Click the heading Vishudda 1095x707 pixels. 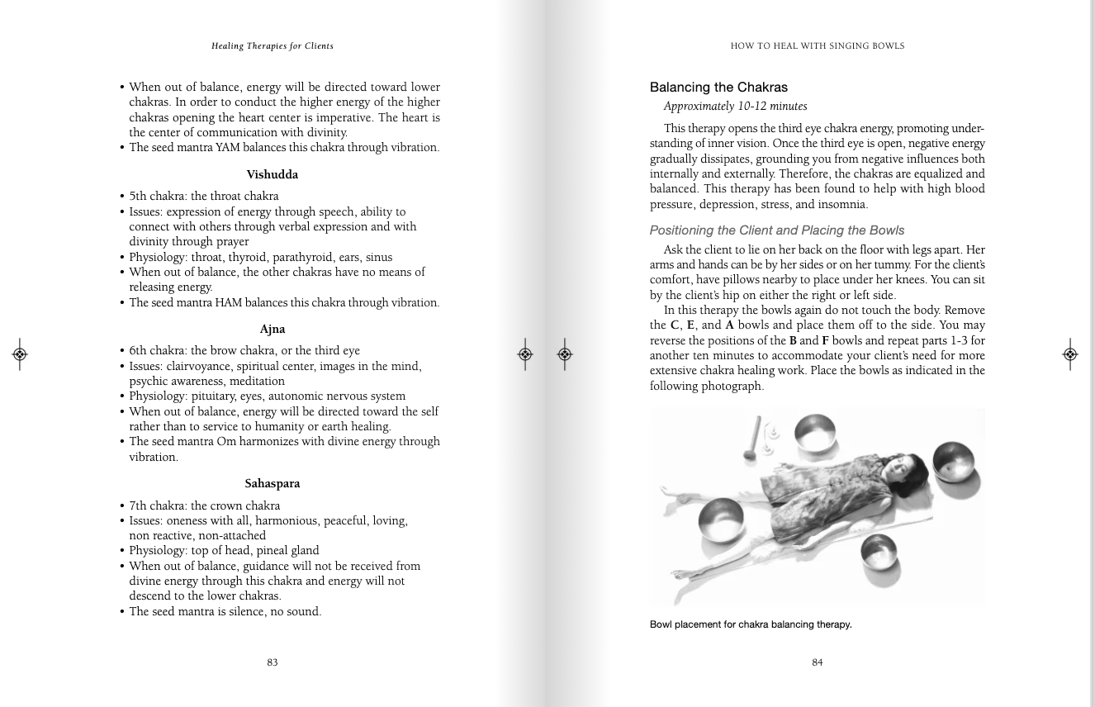click(x=272, y=175)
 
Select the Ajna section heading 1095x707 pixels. click(x=272, y=330)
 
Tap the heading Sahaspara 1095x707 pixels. click(x=272, y=484)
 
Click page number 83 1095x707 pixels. click(x=272, y=662)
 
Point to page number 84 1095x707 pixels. click(x=817, y=662)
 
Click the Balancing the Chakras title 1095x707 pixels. click(x=718, y=88)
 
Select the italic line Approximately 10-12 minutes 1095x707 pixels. click(x=735, y=107)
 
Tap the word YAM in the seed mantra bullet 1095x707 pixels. click(x=227, y=148)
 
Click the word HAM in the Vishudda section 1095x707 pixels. click(x=228, y=303)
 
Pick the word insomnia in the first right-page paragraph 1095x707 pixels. click(x=842, y=205)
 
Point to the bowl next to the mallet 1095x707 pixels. click(x=816, y=429)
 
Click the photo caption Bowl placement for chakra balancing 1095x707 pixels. click(x=750, y=625)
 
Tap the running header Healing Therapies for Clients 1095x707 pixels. click(x=272, y=46)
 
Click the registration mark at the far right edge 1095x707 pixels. click(x=1069, y=354)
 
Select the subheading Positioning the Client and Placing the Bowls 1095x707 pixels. click(x=776, y=230)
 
